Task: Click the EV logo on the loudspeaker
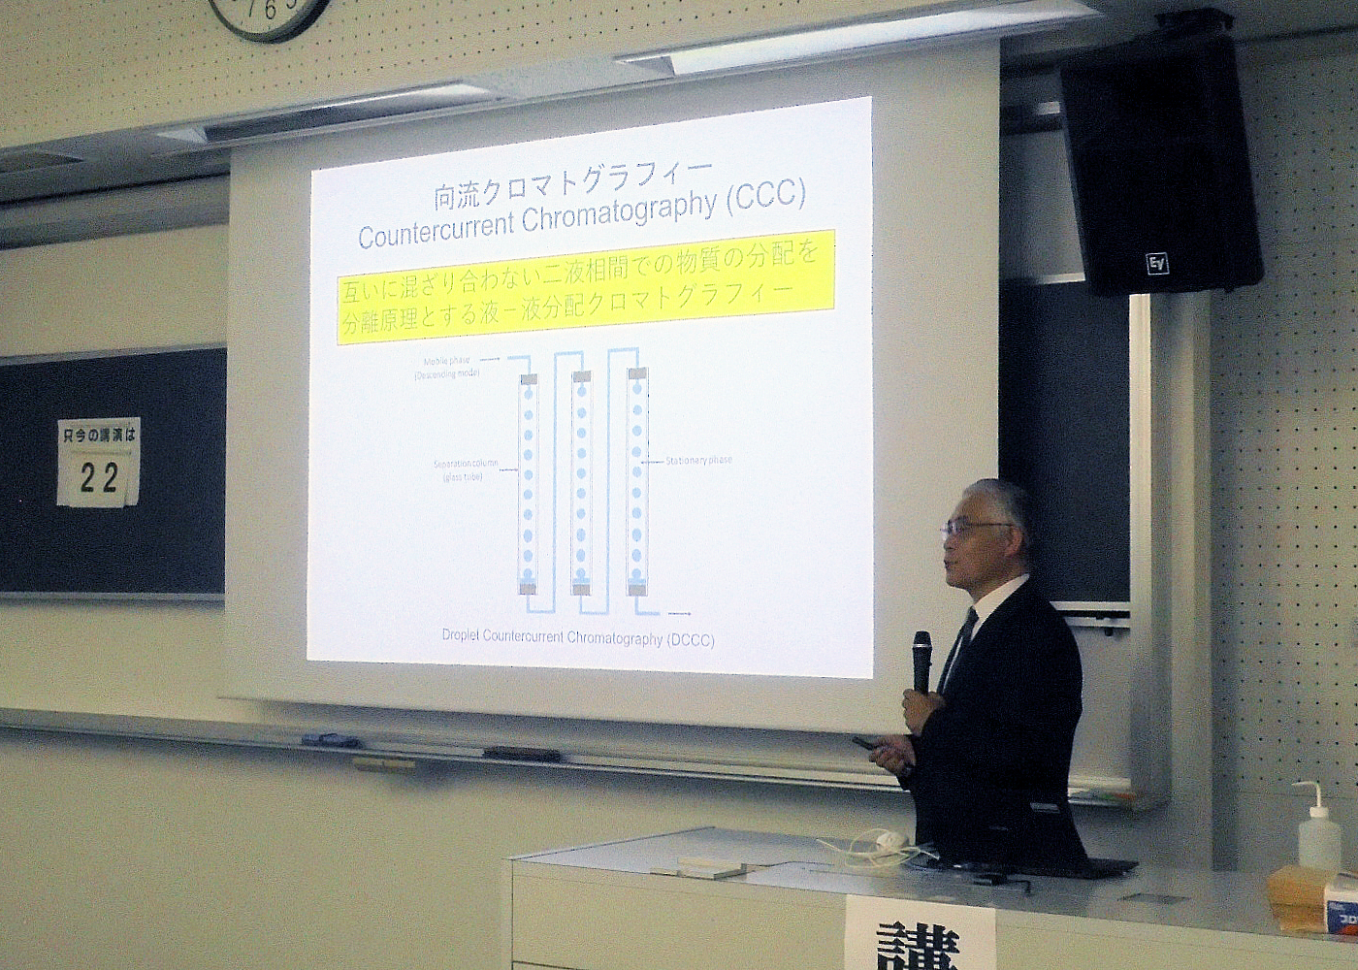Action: coord(1157,263)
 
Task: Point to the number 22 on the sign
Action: coord(98,477)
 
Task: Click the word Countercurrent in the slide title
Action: coord(436,231)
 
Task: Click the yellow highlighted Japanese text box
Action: coord(586,286)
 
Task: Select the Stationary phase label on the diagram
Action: coord(698,460)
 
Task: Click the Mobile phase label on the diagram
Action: coord(446,361)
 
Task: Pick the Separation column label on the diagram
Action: coord(466,464)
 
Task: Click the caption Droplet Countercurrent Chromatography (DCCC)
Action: coord(578,638)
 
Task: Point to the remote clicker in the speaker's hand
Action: coord(866,745)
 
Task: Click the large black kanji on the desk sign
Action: coord(917,947)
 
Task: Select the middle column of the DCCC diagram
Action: coord(581,481)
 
